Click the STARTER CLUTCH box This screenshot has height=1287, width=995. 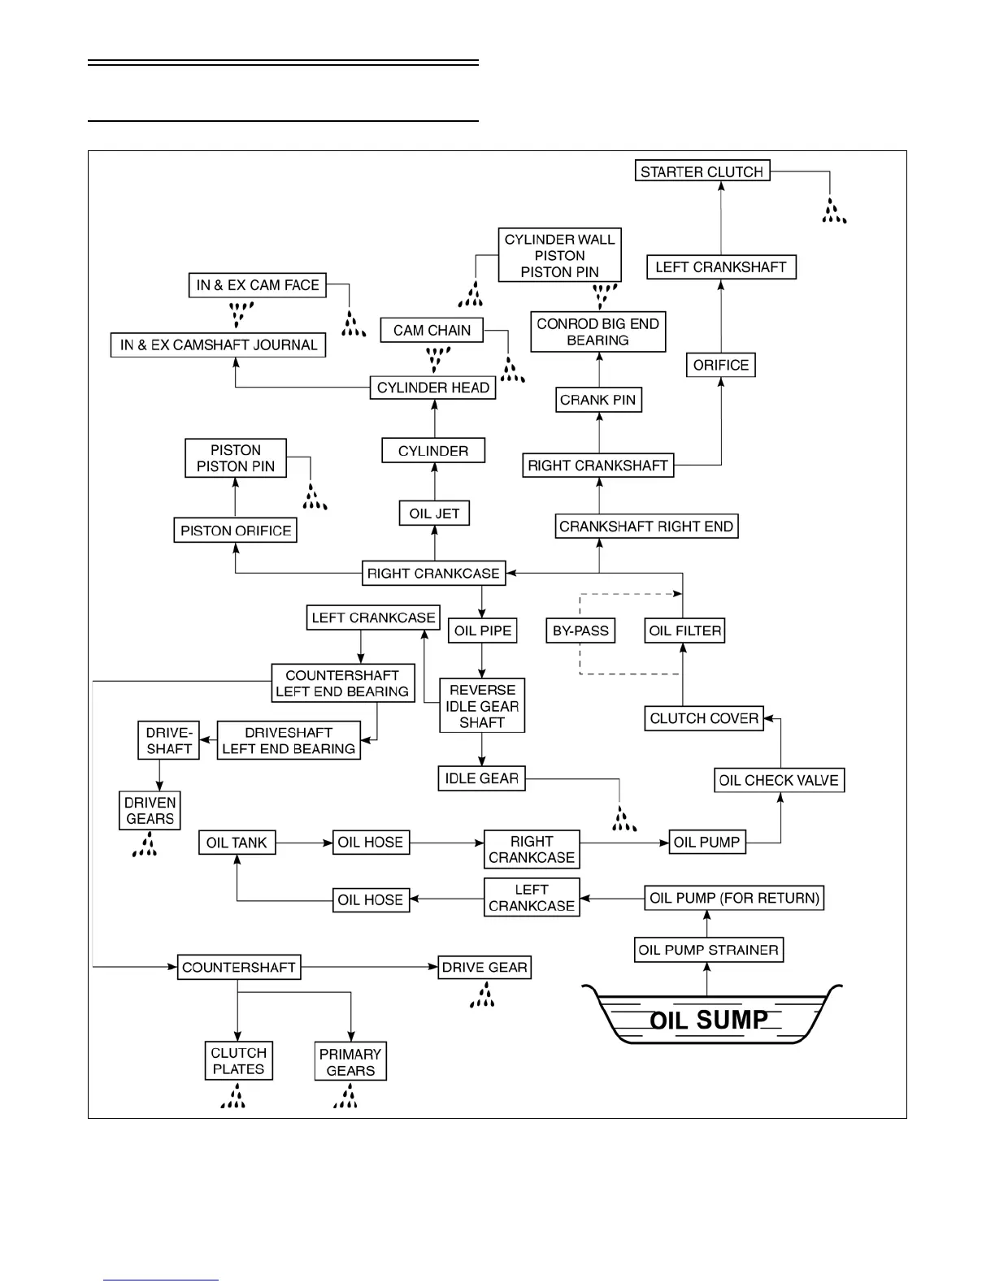click(x=702, y=171)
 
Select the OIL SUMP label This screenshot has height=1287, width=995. click(x=709, y=1020)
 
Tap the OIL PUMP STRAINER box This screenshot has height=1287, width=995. click(x=709, y=950)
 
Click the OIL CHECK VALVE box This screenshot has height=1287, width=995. click(x=779, y=780)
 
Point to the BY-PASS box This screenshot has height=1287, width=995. click(x=580, y=630)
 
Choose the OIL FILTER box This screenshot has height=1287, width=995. click(x=684, y=630)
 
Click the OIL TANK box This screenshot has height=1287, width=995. click(x=237, y=843)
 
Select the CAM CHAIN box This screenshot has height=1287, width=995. click(x=432, y=330)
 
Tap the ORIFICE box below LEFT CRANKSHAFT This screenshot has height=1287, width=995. click(x=721, y=365)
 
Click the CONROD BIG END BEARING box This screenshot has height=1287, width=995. click(x=597, y=331)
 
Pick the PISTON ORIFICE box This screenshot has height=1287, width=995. click(x=236, y=531)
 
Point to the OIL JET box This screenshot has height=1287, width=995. click(x=434, y=513)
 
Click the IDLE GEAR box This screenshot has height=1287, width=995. click(x=481, y=778)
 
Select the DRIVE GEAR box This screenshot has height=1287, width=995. click(x=484, y=967)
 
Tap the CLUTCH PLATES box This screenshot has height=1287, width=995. click(x=238, y=1061)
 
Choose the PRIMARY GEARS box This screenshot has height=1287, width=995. click(x=350, y=1062)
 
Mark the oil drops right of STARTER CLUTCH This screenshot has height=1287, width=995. click(x=833, y=211)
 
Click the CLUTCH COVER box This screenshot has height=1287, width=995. click(x=704, y=718)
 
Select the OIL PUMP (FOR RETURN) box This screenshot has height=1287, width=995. click(x=734, y=898)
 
